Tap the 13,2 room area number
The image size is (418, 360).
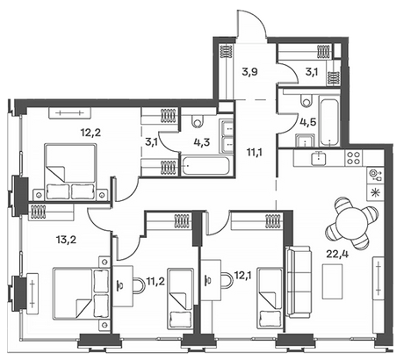click(x=66, y=240)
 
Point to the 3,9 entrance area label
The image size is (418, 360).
click(x=249, y=71)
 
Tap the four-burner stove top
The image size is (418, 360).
click(x=354, y=157)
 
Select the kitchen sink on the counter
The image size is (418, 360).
click(x=319, y=157)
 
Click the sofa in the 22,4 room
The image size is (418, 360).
click(x=298, y=282)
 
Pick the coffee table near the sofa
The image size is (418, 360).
click(x=332, y=281)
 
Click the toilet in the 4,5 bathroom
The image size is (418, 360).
click(x=306, y=101)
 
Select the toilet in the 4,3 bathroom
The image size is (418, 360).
click(x=198, y=121)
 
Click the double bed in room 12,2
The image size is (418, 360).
click(x=70, y=172)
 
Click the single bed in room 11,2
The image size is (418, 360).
click(x=180, y=299)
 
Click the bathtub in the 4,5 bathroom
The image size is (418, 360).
click(x=329, y=120)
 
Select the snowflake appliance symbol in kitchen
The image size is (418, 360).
click(x=373, y=192)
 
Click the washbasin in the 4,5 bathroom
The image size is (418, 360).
click(x=306, y=140)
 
